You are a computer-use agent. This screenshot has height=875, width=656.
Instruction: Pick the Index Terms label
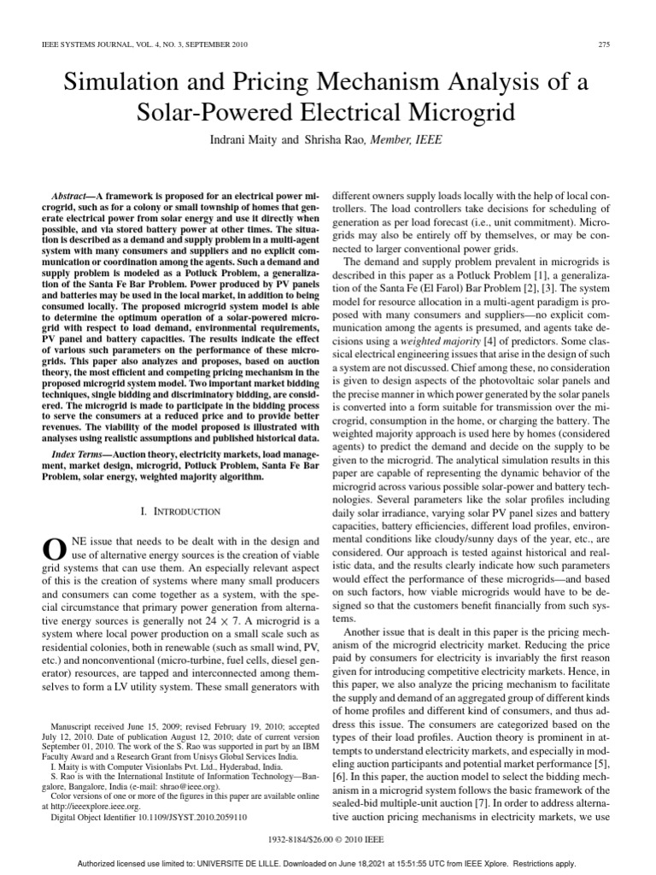click(x=79, y=450)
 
